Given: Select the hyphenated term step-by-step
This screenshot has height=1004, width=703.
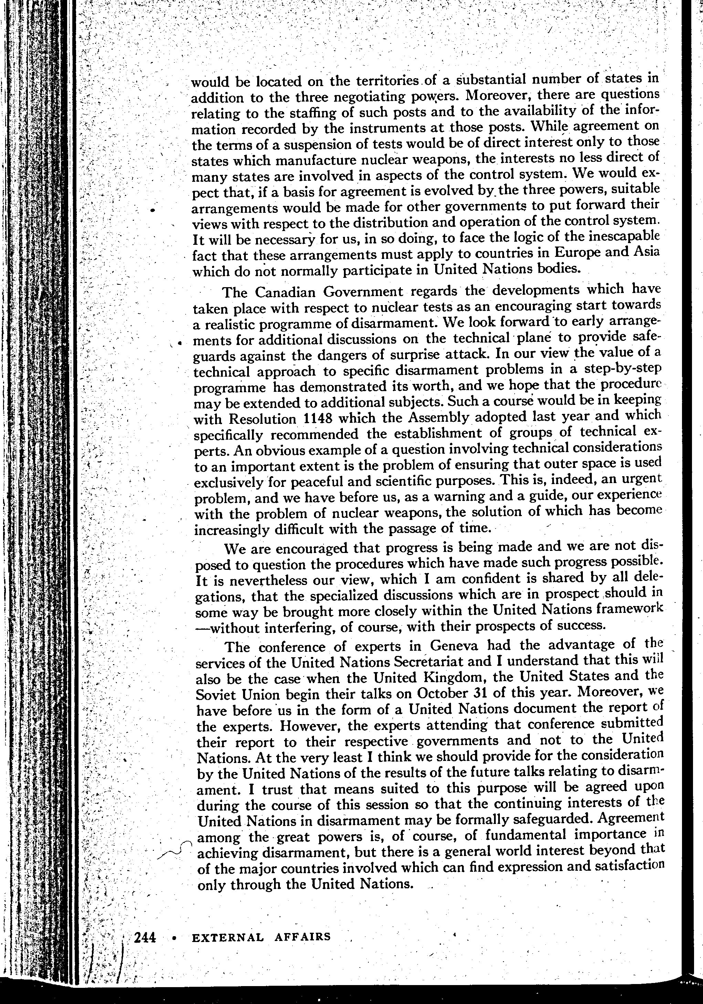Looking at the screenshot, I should coord(622,370).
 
